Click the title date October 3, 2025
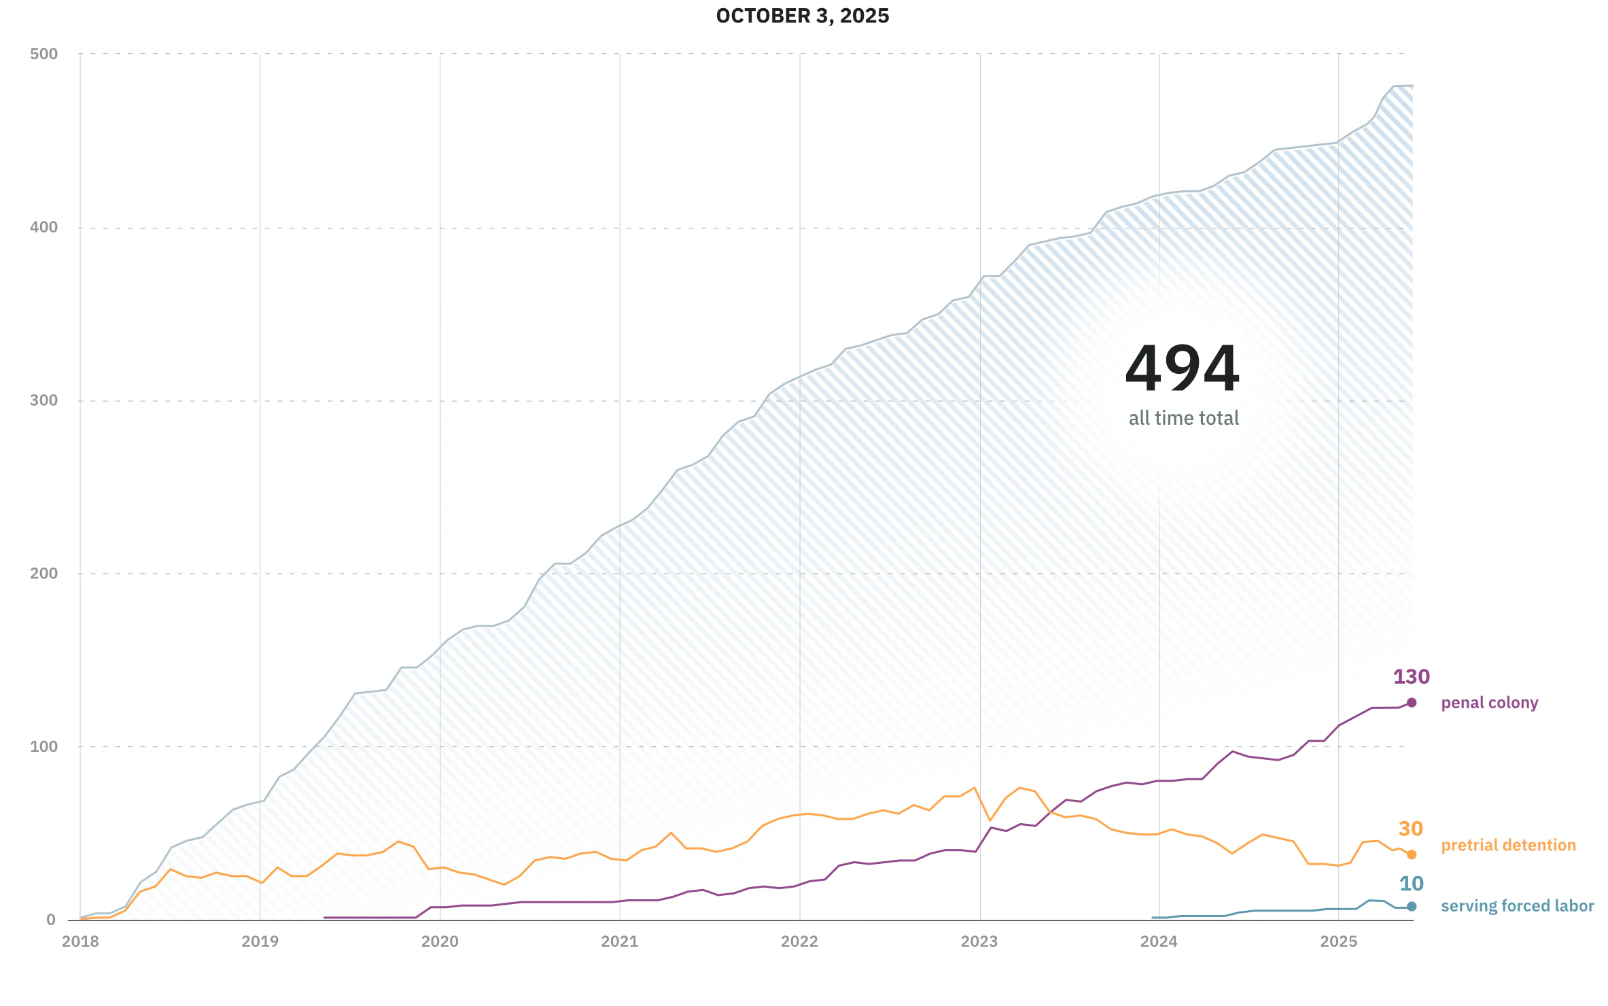click(802, 16)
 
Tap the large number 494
click(1183, 369)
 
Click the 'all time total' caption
click(1184, 418)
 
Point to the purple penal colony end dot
click(1412, 703)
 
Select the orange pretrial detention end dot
click(1412, 854)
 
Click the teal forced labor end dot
click(1412, 906)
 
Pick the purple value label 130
click(1412, 677)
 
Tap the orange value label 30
click(1411, 829)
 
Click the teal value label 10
click(1412, 884)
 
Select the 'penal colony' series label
click(1490, 703)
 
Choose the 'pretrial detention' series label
click(1508, 845)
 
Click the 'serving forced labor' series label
click(1518, 906)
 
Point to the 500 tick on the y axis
click(44, 54)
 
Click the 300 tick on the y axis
click(44, 400)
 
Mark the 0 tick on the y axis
click(51, 920)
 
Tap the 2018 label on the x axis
click(80, 941)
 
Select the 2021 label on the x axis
click(620, 941)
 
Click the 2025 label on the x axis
click(1338, 941)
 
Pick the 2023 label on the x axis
click(979, 941)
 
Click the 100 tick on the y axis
click(44, 746)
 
